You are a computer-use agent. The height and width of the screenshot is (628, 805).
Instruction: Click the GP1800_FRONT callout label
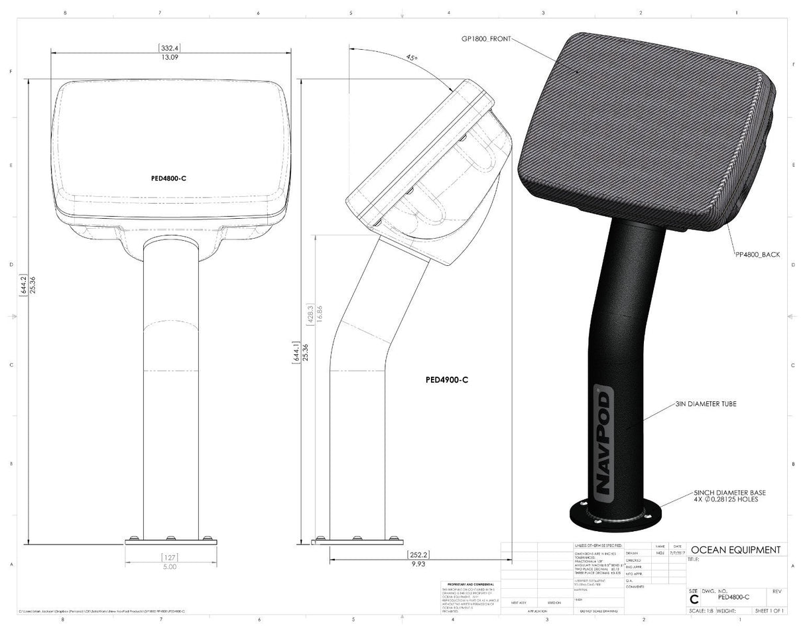point(487,39)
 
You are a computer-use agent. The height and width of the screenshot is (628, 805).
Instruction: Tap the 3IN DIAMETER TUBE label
point(706,403)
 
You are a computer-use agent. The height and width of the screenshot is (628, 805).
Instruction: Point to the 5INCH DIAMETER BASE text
point(729,493)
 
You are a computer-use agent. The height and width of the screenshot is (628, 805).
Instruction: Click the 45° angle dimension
point(412,58)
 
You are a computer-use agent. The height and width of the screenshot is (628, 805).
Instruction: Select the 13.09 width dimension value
point(170,57)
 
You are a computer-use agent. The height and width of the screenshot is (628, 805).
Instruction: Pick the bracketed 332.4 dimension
point(170,48)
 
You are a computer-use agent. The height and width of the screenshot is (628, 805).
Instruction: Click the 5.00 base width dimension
point(170,567)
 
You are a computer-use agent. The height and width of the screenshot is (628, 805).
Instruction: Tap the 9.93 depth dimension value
point(418,563)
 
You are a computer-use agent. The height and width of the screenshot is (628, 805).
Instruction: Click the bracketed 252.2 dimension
point(418,554)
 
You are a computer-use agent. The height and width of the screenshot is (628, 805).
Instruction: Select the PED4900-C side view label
point(447,381)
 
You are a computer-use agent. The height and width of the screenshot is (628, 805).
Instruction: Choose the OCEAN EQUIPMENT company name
point(735,550)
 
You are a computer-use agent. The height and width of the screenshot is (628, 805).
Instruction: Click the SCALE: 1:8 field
point(701,611)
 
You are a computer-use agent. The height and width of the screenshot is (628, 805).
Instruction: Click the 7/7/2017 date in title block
point(677,552)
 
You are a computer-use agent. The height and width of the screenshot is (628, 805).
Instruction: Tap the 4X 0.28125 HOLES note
point(725,499)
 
